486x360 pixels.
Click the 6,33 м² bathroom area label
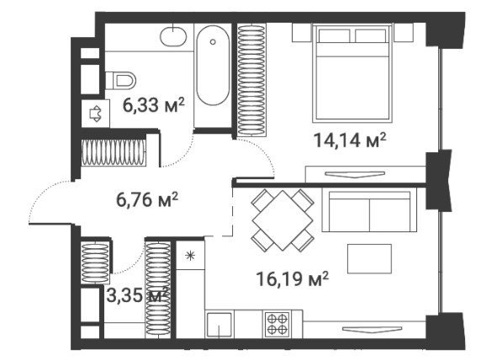(154, 105)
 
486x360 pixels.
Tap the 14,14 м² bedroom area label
(350, 140)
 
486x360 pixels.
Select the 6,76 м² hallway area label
(147, 199)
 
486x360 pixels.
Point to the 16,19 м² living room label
(293, 278)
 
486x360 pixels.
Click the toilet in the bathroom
(120, 81)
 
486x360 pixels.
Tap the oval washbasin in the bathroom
(173, 37)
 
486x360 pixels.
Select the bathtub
(213, 66)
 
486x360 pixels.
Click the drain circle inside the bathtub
(213, 42)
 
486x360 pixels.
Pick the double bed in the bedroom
(352, 73)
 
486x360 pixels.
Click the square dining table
(283, 220)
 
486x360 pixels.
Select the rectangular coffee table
(369, 258)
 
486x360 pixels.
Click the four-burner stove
(277, 325)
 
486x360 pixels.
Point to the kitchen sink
(219, 325)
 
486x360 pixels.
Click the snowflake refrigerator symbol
(190, 256)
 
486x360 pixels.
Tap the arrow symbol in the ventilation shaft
(95, 114)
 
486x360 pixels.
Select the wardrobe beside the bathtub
(251, 80)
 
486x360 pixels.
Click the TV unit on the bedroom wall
(366, 174)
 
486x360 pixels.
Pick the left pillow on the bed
(334, 35)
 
